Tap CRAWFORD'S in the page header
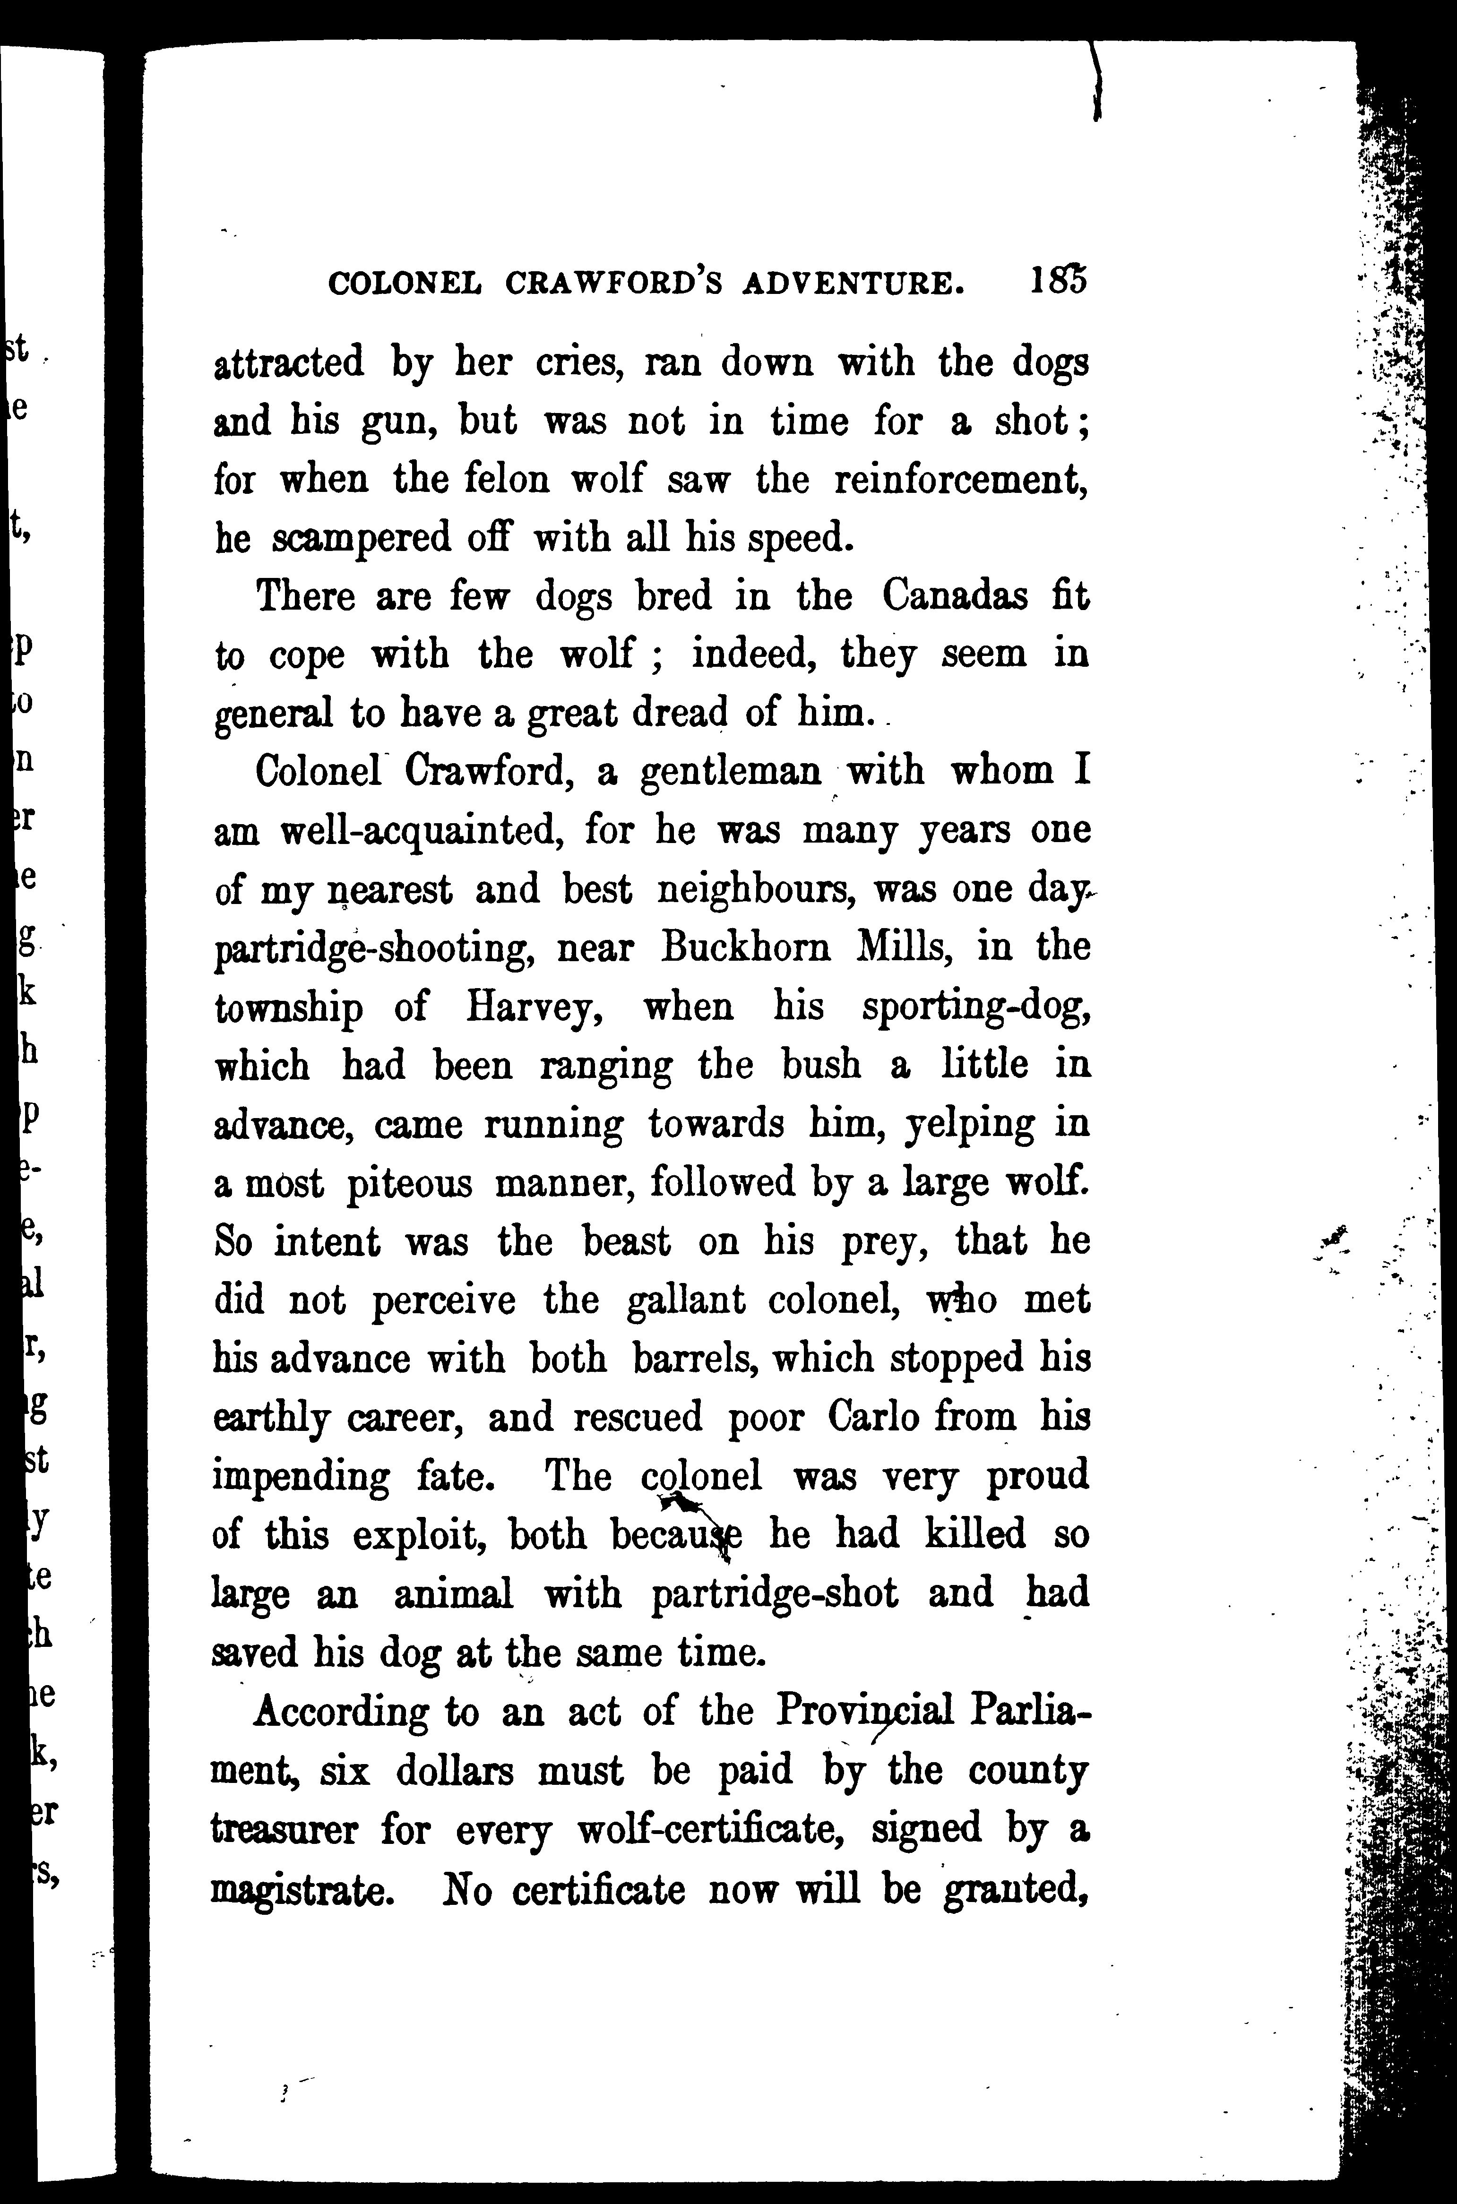(x=613, y=284)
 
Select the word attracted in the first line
(x=289, y=362)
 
